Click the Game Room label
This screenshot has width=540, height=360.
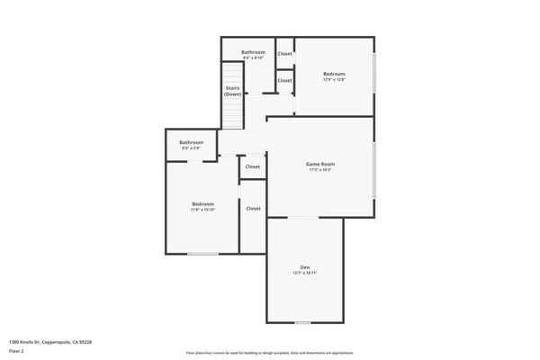click(320, 164)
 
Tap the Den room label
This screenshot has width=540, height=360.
click(305, 267)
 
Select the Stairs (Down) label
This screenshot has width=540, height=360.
click(233, 92)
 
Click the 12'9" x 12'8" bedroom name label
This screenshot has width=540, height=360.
click(334, 74)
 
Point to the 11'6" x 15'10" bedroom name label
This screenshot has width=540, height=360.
click(202, 204)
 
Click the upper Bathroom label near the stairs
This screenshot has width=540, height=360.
click(253, 52)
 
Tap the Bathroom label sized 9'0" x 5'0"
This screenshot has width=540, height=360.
click(191, 142)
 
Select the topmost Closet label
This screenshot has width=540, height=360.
click(284, 54)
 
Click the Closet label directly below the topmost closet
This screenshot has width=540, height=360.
click(284, 80)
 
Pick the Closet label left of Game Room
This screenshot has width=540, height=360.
click(253, 166)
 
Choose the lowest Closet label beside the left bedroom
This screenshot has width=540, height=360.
click(253, 208)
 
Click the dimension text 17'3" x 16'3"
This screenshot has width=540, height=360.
click(320, 170)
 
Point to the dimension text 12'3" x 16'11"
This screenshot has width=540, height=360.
click(305, 273)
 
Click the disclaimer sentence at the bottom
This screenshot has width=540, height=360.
click(269, 352)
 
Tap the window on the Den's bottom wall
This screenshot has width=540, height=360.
click(303, 322)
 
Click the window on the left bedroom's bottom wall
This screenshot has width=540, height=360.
click(202, 254)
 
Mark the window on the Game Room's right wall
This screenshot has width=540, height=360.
click(373, 171)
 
